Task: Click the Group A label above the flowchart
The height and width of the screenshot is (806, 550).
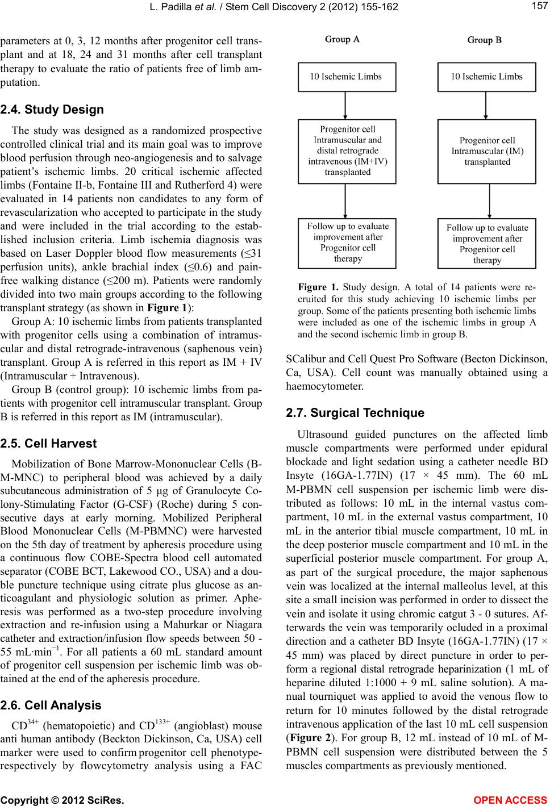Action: [341, 40]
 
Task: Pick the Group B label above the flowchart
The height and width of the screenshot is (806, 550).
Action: [484, 40]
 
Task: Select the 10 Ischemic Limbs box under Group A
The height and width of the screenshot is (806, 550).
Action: [347, 77]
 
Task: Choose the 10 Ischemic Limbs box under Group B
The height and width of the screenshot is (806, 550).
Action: [487, 77]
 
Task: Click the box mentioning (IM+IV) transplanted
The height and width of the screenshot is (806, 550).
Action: [347, 151]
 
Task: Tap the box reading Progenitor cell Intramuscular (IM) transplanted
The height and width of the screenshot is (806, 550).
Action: [487, 151]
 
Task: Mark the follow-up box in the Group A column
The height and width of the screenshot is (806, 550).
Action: [347, 243]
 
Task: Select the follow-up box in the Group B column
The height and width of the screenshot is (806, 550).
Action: [487, 244]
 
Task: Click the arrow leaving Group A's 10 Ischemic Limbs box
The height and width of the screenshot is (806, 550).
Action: [346, 105]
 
